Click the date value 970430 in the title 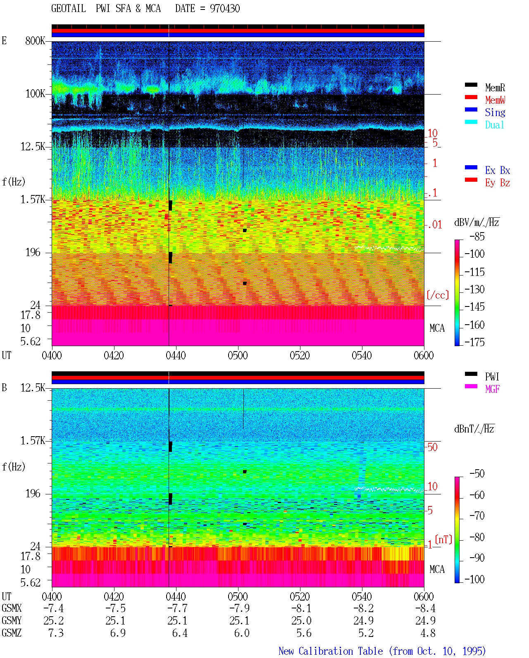point(224,9)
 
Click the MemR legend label point(495,88)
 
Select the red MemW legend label point(495,100)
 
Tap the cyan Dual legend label point(494,125)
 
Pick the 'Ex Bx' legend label point(497,170)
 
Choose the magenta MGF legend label point(492,389)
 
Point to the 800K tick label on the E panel point(35,40)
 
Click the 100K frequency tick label point(35,94)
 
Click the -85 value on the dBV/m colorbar point(477,236)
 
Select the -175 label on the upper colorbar point(474,342)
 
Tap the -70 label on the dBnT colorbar point(477,515)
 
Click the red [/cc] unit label point(438,295)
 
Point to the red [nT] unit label point(443,539)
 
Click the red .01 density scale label point(435,225)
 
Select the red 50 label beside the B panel point(432,447)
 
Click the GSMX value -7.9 point(239,608)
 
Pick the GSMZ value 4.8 point(428,633)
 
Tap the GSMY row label point(12,621)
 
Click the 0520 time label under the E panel point(300,356)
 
